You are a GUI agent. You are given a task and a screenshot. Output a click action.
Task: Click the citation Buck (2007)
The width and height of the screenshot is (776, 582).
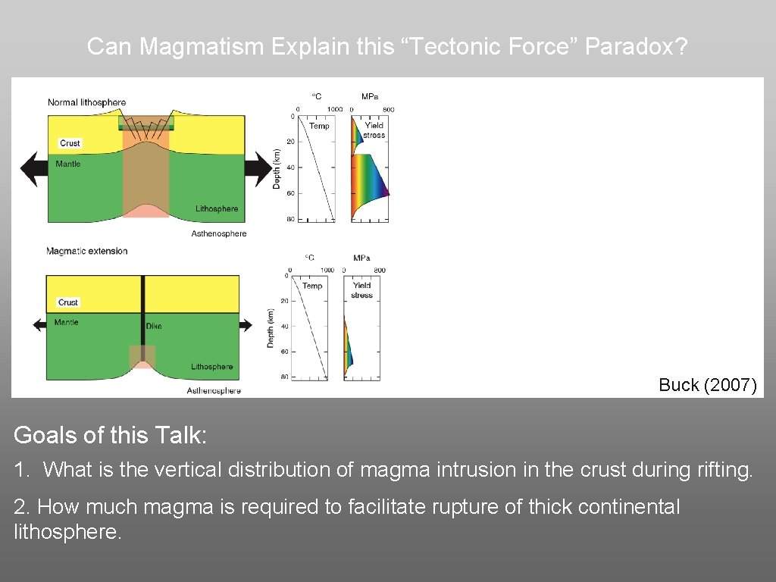[707, 385]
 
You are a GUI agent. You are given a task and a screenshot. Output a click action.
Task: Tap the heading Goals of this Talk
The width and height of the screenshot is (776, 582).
[110, 435]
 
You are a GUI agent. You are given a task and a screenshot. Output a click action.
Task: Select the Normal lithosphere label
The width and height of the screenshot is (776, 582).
[86, 102]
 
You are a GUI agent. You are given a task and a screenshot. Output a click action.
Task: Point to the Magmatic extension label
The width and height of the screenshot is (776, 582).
[86, 251]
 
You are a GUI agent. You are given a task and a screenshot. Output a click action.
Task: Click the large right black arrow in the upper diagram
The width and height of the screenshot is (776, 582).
[261, 168]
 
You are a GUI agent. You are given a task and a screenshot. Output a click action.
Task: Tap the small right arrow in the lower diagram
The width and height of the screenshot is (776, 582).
[246, 324]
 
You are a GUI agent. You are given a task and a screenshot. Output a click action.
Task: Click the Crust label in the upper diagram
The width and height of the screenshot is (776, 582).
[70, 143]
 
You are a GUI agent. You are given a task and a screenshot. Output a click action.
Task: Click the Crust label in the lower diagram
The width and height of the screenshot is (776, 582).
[68, 302]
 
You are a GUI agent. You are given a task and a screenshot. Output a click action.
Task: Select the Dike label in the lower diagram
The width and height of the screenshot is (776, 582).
[154, 327]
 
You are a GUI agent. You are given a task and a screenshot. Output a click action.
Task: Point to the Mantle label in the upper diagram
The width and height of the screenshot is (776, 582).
[68, 164]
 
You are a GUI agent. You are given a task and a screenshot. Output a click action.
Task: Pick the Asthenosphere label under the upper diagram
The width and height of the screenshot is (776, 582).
[219, 233]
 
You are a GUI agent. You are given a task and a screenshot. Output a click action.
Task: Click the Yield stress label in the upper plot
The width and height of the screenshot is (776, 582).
[374, 130]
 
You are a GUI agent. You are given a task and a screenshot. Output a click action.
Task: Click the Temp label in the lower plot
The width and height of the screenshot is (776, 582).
[312, 286]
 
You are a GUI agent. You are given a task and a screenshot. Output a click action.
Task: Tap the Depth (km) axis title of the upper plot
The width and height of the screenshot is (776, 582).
[277, 168]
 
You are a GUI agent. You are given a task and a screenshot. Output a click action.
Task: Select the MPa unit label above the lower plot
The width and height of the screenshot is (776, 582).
[361, 258]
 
